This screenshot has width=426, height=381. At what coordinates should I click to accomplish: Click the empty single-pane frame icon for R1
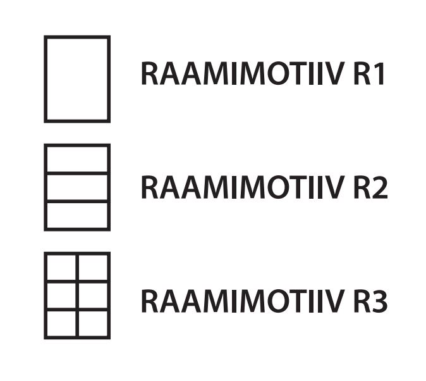click(77, 79)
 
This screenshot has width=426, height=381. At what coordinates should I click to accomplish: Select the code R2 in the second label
click(370, 188)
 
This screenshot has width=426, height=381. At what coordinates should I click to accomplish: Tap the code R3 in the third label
click(370, 301)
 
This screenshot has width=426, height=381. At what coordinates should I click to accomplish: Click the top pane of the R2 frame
click(77, 159)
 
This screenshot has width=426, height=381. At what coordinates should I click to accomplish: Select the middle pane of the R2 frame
click(77, 187)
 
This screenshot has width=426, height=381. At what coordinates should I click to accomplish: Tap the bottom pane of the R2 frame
click(77, 215)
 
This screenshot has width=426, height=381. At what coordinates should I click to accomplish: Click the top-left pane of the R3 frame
click(61, 268)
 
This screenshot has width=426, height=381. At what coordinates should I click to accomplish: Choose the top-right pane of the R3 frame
click(94, 268)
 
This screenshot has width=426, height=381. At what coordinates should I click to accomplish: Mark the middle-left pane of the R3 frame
click(61, 296)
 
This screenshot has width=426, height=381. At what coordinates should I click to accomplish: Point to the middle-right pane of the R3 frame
click(94, 296)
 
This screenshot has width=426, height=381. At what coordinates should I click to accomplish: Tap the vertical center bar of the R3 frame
click(78, 296)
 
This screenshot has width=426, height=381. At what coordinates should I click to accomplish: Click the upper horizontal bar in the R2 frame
click(77, 173)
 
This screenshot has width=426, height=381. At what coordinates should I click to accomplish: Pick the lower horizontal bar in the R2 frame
click(77, 201)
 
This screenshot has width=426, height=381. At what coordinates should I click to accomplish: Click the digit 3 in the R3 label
click(379, 301)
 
